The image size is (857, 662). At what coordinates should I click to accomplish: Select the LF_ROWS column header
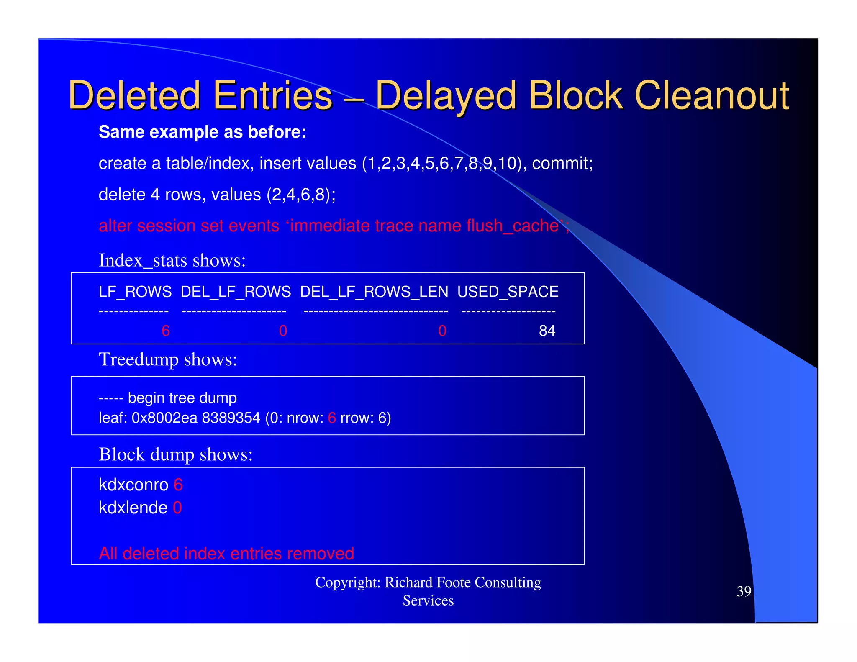135,292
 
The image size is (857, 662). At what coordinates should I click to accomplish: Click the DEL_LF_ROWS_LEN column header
374,292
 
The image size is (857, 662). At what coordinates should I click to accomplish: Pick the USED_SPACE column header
508,292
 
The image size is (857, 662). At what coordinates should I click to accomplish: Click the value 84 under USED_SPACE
547,331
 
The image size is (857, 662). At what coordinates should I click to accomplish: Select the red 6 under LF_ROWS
166,331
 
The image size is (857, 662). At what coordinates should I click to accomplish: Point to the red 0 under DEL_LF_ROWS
283,331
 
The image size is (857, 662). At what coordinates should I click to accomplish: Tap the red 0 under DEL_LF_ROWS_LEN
442,331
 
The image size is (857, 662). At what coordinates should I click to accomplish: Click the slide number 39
744,591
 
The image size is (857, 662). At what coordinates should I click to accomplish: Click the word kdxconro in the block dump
133,485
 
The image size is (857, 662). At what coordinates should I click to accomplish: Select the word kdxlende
133,508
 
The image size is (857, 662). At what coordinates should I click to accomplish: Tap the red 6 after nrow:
332,418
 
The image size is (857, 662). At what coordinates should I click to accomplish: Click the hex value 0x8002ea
164,418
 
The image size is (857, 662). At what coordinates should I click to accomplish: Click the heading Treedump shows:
168,359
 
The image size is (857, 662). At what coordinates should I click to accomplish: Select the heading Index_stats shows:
172,260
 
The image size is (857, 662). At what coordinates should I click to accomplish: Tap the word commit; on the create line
562,163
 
